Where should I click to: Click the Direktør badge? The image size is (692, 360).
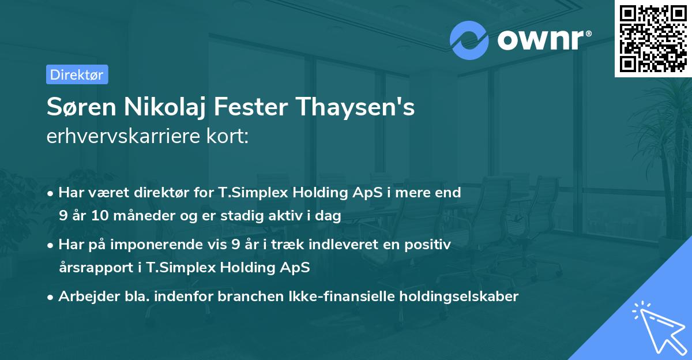pos(77,74)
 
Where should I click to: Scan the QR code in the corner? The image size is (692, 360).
pos(652,38)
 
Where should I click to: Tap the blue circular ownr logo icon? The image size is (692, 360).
pos(469,39)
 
